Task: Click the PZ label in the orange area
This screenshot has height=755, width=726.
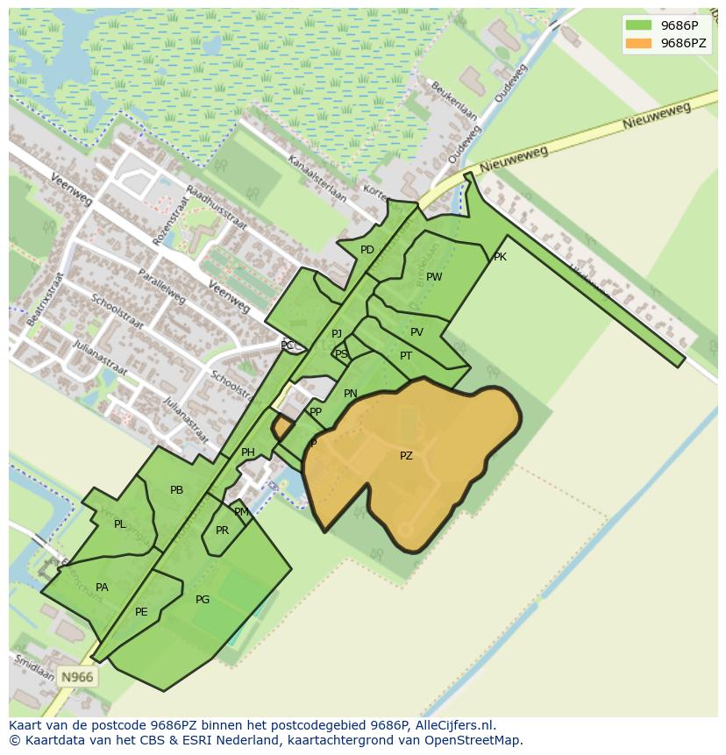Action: pyautogui.click(x=406, y=456)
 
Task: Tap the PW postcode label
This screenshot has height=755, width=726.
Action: pyautogui.click(x=434, y=277)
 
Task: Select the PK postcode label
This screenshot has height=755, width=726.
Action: pyautogui.click(x=500, y=257)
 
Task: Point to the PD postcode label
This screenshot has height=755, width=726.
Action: pyautogui.click(x=367, y=250)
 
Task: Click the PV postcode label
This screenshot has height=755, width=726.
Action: pyautogui.click(x=416, y=332)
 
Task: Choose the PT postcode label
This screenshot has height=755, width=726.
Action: pyautogui.click(x=406, y=356)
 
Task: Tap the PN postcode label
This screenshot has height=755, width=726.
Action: pyautogui.click(x=351, y=394)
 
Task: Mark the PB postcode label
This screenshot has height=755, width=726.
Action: pyautogui.click(x=176, y=490)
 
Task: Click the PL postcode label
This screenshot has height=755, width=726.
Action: pyautogui.click(x=119, y=524)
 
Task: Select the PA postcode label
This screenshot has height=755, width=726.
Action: pyautogui.click(x=102, y=588)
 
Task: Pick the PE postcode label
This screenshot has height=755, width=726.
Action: pyautogui.click(x=141, y=612)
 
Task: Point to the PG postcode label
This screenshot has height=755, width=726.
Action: pyautogui.click(x=203, y=600)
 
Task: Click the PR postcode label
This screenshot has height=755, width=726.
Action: pyautogui.click(x=222, y=531)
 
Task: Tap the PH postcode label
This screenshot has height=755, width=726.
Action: pyautogui.click(x=248, y=452)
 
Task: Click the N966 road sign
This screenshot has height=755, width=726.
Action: pyautogui.click(x=77, y=676)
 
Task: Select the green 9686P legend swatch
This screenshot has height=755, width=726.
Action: pyautogui.click(x=637, y=25)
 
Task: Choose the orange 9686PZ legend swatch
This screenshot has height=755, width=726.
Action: pyautogui.click(x=637, y=43)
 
